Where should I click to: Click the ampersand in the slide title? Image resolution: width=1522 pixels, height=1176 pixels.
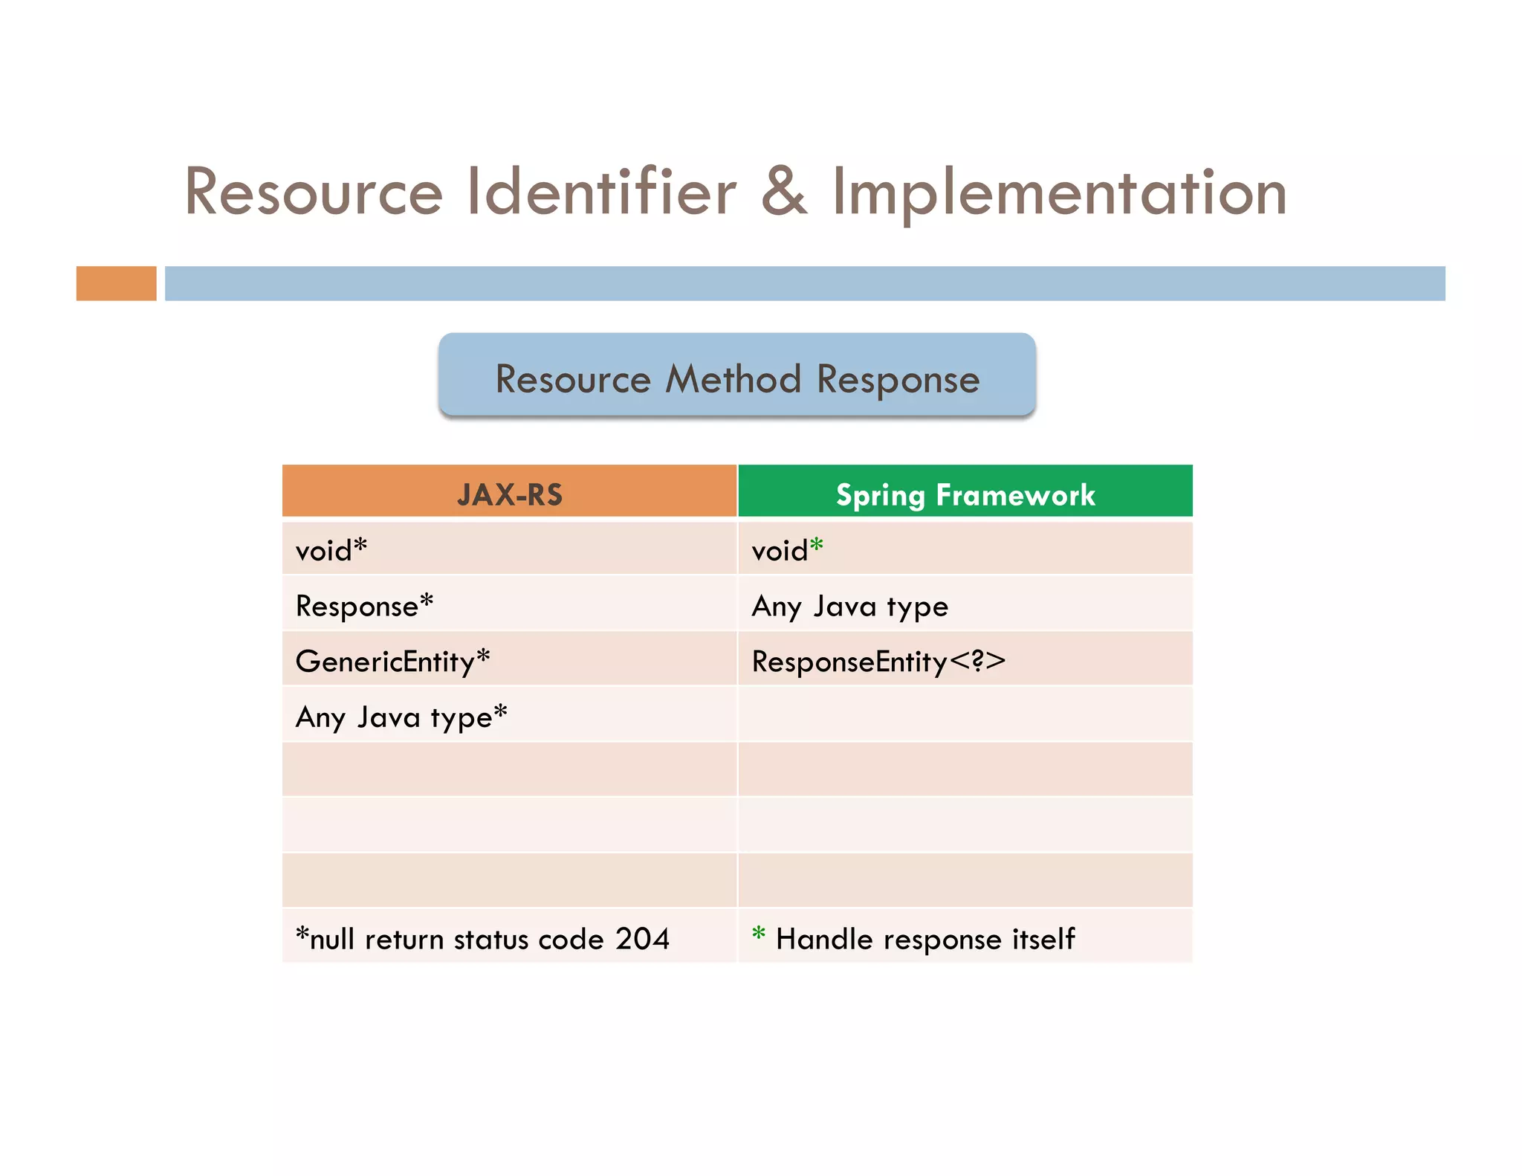pyautogui.click(x=784, y=193)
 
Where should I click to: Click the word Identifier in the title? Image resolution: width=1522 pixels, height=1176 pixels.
pyautogui.click(x=601, y=193)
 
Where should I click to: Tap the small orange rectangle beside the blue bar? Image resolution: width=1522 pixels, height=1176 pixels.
pyautogui.click(x=116, y=283)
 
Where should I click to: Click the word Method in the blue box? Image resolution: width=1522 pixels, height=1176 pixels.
pyautogui.click(x=733, y=379)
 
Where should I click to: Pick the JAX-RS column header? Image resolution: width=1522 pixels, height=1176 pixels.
pyautogui.click(x=510, y=494)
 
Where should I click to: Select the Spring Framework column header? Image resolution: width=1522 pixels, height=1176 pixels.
pyautogui.click(x=965, y=494)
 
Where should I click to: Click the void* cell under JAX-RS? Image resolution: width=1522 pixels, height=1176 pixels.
pyautogui.click(x=331, y=550)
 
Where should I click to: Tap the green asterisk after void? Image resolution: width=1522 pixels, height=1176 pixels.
pyautogui.click(x=817, y=546)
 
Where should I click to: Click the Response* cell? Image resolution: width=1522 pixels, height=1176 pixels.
pyautogui.click(x=364, y=605)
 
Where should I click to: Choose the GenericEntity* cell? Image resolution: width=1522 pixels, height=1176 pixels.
pyautogui.click(x=392, y=661)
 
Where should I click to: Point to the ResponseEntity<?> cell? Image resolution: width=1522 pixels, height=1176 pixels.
pyautogui.click(x=878, y=661)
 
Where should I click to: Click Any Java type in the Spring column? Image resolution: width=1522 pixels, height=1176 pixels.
pyautogui.click(x=850, y=607)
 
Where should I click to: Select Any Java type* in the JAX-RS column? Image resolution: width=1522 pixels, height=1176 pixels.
pyautogui.click(x=401, y=717)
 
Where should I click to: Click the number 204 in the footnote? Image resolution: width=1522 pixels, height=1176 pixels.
pyautogui.click(x=642, y=939)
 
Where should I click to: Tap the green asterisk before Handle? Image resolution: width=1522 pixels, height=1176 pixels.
pyautogui.click(x=759, y=933)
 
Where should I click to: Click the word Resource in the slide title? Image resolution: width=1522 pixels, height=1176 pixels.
pyautogui.click(x=314, y=193)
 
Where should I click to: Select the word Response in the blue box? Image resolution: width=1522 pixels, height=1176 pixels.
pyautogui.click(x=898, y=379)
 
